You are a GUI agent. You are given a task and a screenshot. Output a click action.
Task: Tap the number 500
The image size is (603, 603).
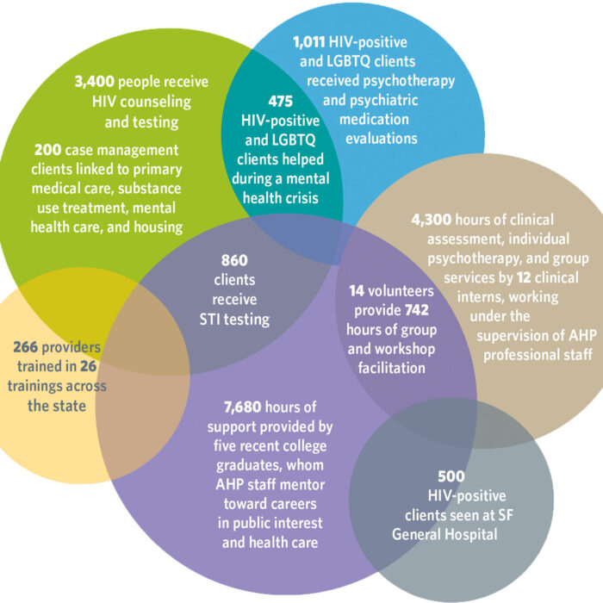click(x=451, y=475)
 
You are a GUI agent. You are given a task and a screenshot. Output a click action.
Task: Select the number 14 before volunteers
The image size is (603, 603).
click(x=357, y=292)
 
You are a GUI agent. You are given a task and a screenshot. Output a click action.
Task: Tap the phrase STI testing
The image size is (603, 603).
click(x=233, y=319)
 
